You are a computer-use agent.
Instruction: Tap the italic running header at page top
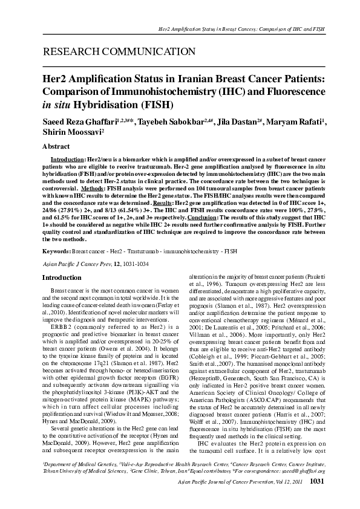click(241, 28)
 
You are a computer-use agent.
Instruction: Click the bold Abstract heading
click(56, 146)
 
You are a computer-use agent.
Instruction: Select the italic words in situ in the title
click(56, 105)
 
